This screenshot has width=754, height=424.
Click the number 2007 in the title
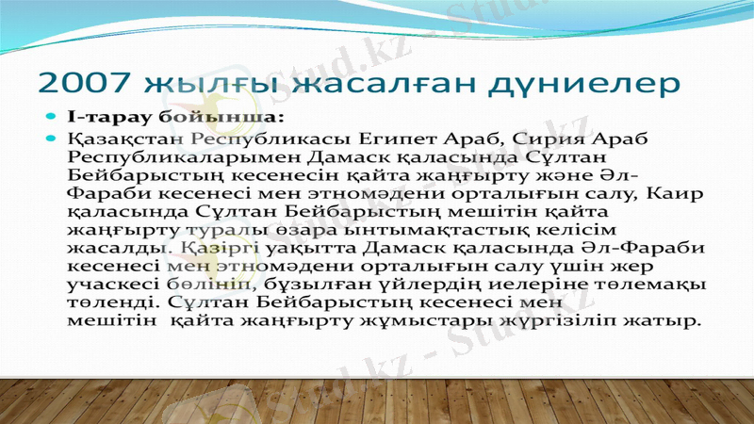coord(86,84)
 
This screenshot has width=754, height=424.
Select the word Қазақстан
coord(125,139)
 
